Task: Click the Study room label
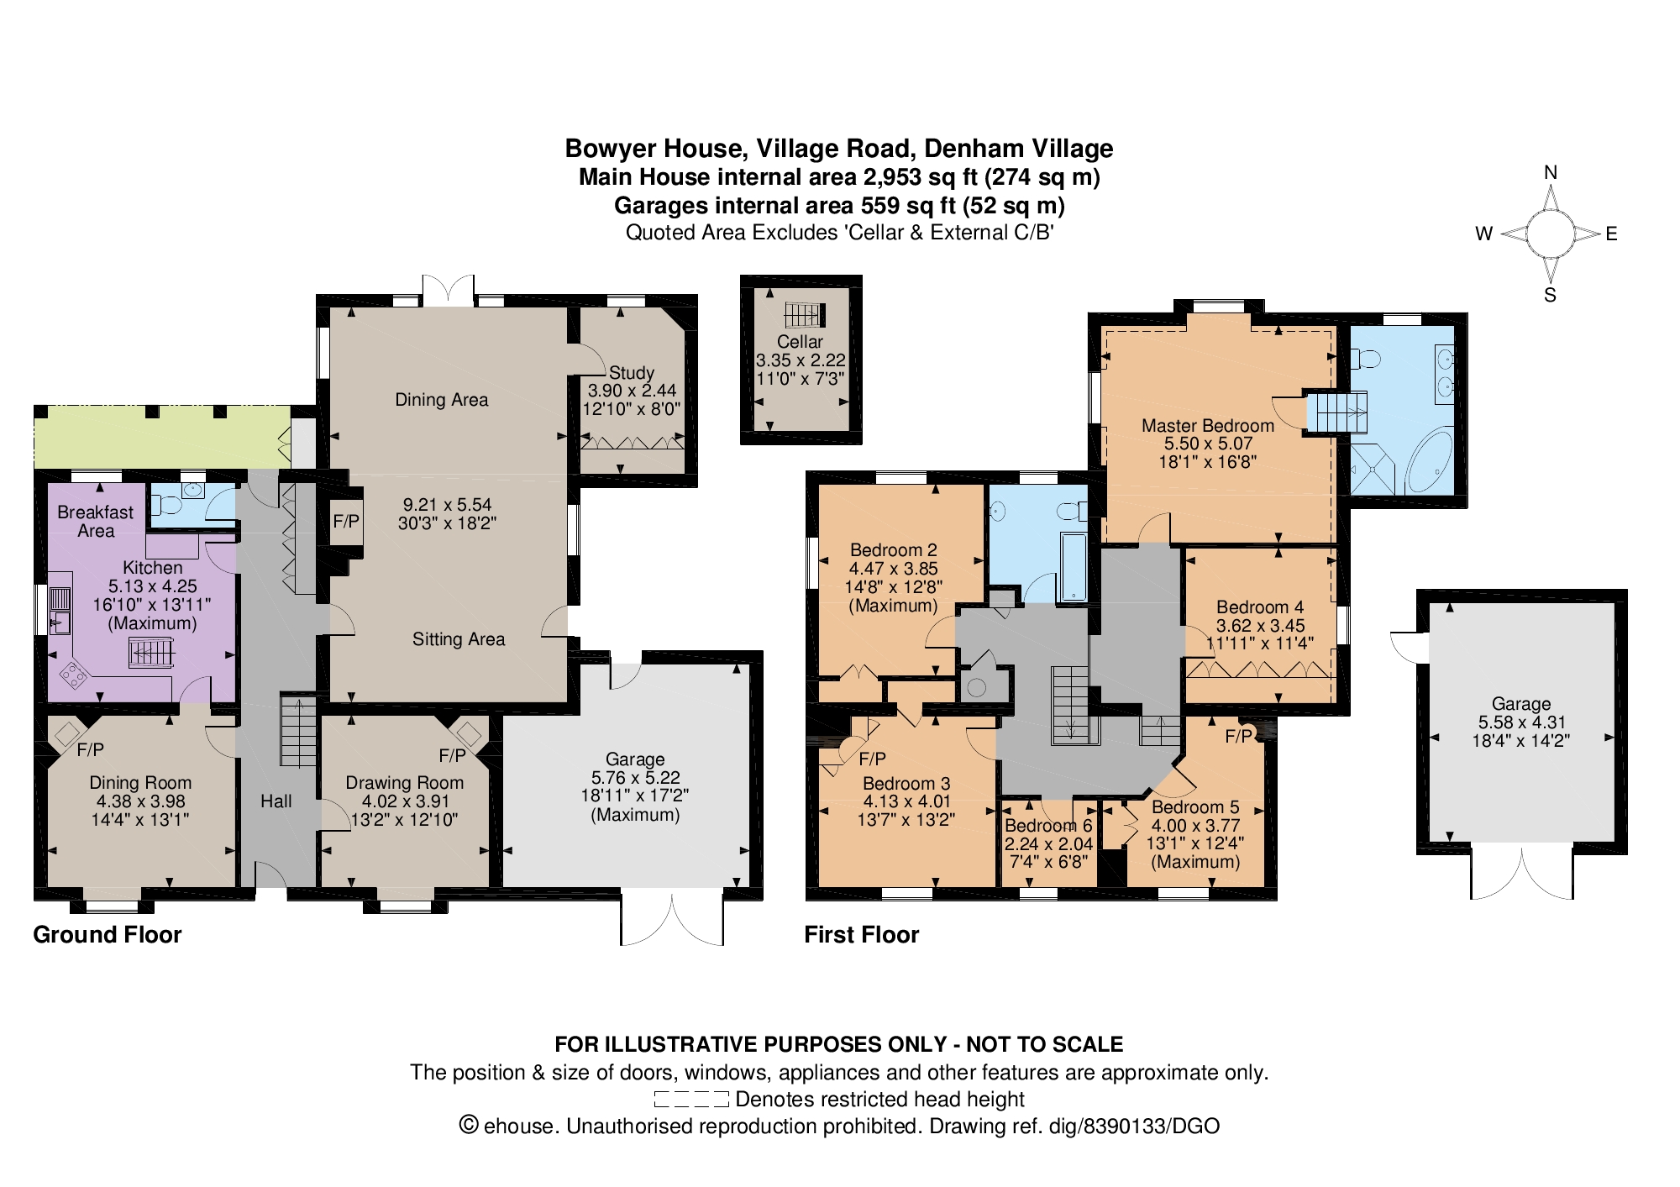tap(631, 372)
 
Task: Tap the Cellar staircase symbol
tap(804, 315)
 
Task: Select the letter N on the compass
tap(1551, 172)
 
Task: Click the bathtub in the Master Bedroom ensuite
tap(1430, 461)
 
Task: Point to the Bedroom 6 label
tap(1048, 826)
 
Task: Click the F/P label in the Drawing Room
tap(452, 755)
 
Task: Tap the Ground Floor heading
tap(107, 934)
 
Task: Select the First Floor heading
tap(861, 934)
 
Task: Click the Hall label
tap(276, 801)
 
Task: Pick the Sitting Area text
tap(459, 639)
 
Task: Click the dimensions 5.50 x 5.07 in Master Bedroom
tap(1208, 444)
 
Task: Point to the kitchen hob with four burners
tap(73, 674)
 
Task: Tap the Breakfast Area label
tap(96, 521)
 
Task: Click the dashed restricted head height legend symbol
tap(690, 1099)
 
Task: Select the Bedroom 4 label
tap(1259, 607)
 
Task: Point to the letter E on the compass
tap(1610, 234)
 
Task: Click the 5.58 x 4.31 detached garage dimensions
tap(1521, 722)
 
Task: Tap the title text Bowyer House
tap(654, 149)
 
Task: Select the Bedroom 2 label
tap(893, 549)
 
